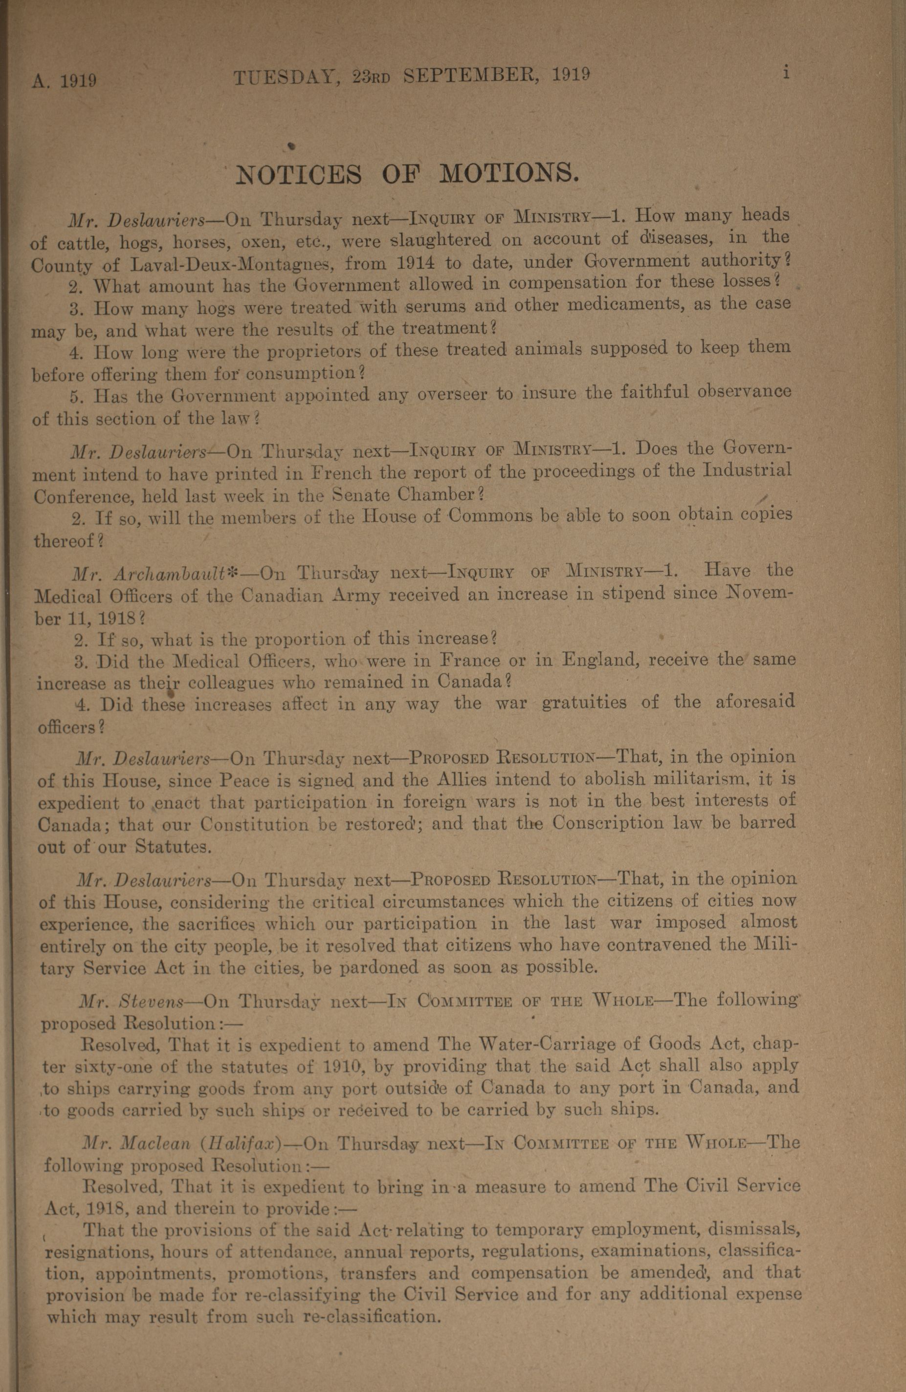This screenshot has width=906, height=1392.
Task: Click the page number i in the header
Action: pyautogui.click(x=786, y=73)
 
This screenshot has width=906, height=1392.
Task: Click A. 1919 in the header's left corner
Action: pyautogui.click(x=65, y=80)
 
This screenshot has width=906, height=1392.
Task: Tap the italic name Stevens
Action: pyautogui.click(x=152, y=1001)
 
